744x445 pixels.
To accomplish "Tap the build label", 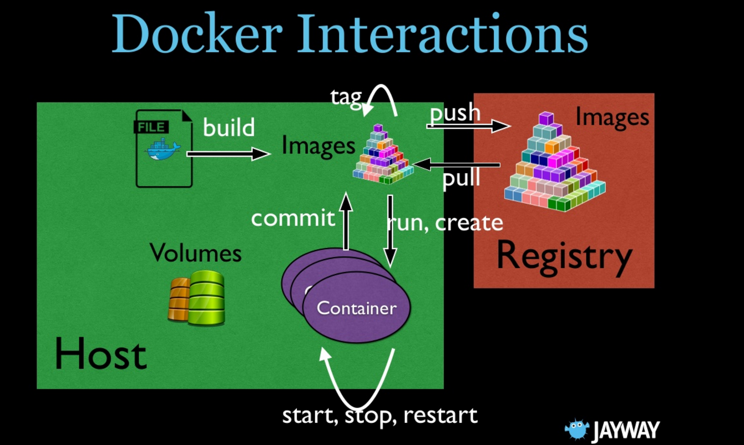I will click(x=229, y=128).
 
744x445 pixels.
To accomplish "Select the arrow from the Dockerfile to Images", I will click(x=227, y=154).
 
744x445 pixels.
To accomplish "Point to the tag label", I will click(x=346, y=97).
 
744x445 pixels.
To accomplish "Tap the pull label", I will click(x=461, y=178).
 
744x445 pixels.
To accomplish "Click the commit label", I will click(x=293, y=218).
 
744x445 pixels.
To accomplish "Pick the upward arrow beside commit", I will click(x=346, y=222).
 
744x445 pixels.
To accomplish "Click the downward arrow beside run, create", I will click(x=390, y=230).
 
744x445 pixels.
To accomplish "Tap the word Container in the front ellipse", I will click(x=356, y=308).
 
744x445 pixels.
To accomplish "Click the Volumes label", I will click(x=195, y=253).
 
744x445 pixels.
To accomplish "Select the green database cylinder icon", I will click(x=206, y=297).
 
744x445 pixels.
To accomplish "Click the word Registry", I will click(x=564, y=256).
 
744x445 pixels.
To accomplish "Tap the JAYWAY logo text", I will click(x=625, y=431).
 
